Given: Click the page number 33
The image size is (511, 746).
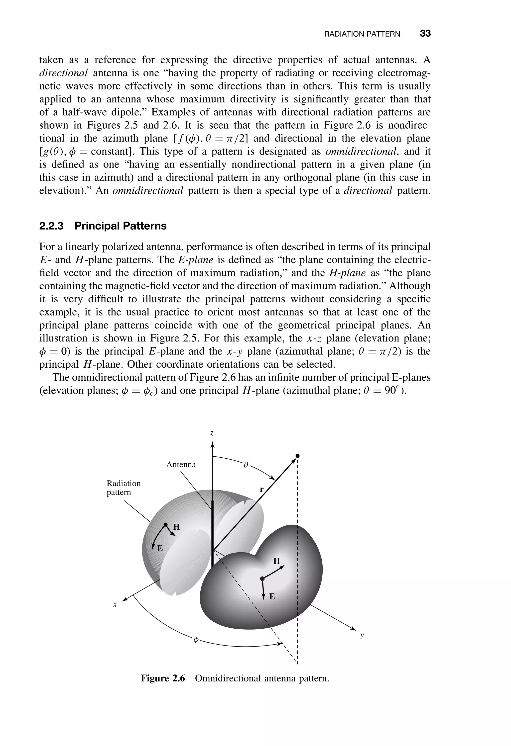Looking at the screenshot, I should tap(425, 33).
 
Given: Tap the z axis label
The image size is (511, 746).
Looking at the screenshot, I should tap(212, 433).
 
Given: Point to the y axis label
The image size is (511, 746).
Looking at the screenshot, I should tap(362, 635).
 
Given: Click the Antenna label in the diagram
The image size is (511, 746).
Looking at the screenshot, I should tap(181, 465).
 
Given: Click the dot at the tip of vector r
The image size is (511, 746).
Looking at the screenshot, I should tap(298, 456).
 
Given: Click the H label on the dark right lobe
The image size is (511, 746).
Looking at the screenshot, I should tap(276, 561).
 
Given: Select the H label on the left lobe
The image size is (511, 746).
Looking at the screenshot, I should tap(176, 527).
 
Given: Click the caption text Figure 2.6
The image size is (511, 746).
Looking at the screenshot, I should tap(163, 678).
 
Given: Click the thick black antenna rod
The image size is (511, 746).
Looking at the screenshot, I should tap(212, 530).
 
